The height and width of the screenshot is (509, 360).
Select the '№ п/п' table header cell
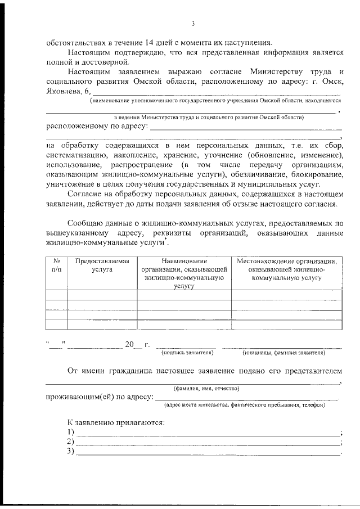(x=56, y=265)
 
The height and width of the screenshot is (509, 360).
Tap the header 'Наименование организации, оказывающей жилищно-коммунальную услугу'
(x=184, y=273)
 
